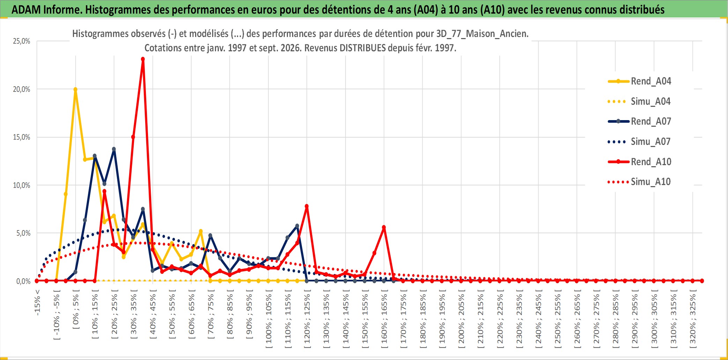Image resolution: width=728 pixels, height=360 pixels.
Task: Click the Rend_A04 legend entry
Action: point(639,81)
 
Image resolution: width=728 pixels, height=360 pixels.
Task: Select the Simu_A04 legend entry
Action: point(639,102)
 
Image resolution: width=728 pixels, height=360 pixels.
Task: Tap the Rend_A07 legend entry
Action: point(639,122)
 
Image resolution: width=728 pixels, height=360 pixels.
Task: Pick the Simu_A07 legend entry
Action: point(639,142)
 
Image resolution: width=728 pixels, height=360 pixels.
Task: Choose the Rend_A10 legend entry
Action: point(639,162)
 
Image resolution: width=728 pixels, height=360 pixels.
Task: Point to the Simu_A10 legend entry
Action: point(639,182)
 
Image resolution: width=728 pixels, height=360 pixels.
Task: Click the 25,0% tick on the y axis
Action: point(22,41)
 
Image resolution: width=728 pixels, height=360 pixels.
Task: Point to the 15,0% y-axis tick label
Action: point(22,137)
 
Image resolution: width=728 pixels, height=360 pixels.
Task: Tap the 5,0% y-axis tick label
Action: point(23,233)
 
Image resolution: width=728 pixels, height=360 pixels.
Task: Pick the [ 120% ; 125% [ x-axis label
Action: point(307,319)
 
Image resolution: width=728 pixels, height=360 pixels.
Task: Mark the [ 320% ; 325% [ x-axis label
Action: point(693,319)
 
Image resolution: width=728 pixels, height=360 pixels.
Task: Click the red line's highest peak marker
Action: point(143,59)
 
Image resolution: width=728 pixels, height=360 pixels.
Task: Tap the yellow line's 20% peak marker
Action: point(75,89)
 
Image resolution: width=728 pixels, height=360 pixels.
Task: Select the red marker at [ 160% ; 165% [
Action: point(384,227)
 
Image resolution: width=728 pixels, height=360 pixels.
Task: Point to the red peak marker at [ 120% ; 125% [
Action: point(307,206)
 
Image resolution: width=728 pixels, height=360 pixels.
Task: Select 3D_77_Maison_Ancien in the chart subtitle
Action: point(482,34)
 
